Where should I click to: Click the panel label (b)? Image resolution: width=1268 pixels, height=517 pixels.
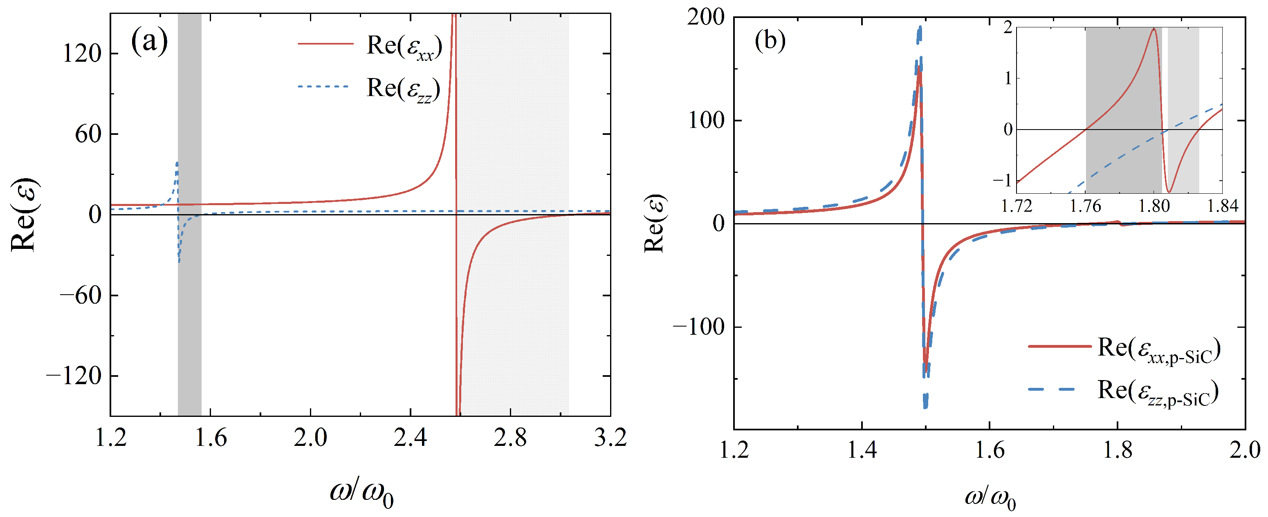[x=770, y=40]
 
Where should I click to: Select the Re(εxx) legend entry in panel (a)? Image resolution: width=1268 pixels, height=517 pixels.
[x=404, y=47]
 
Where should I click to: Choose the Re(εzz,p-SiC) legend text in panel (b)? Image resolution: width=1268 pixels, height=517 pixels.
[x=1158, y=392]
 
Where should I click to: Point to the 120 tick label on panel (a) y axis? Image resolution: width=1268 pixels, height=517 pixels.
[x=82, y=53]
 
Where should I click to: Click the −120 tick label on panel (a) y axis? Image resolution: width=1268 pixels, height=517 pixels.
[x=74, y=376]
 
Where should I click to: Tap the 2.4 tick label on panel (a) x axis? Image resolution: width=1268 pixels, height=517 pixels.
[x=410, y=437]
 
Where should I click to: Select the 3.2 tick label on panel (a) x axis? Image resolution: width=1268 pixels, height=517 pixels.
[x=610, y=437]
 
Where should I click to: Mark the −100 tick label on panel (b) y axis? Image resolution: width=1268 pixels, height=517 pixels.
[x=698, y=327]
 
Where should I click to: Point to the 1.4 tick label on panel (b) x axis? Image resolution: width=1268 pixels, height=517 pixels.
[x=862, y=450]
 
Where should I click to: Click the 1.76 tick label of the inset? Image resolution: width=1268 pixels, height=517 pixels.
[x=1085, y=206]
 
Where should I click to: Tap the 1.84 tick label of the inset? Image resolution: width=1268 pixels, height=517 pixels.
[x=1222, y=206]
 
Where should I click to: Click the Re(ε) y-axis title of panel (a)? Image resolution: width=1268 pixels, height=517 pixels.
[x=24, y=215]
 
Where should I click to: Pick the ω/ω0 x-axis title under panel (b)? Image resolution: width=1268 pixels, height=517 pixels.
[x=990, y=498]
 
